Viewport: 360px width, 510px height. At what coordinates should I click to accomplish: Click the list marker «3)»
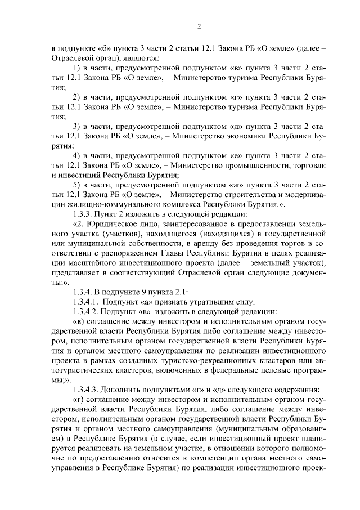tap(78, 126)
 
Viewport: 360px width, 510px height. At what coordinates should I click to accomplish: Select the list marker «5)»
tap(78, 184)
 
